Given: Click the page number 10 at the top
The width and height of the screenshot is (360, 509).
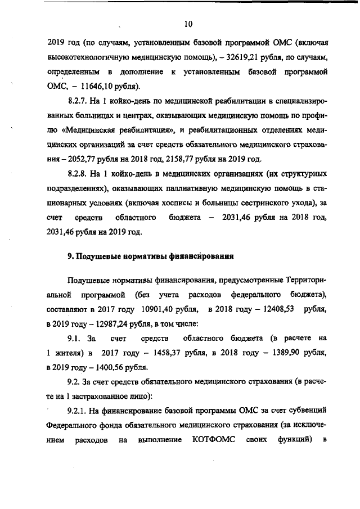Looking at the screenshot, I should [188, 24].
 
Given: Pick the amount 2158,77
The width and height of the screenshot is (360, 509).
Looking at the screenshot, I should [177, 159].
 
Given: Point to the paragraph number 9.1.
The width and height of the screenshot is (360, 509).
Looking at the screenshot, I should [75, 339].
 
